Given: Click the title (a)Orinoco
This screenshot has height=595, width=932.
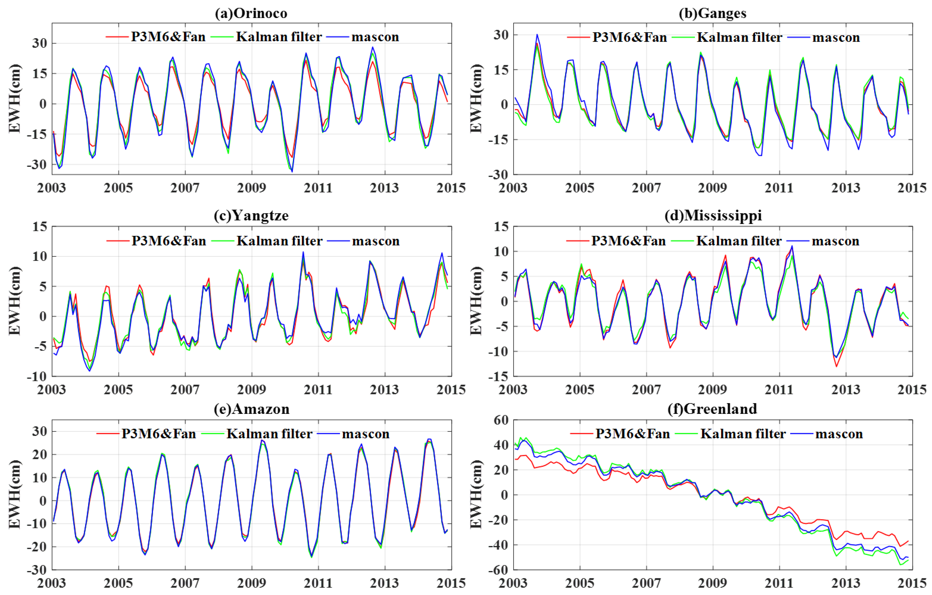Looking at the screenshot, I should pos(251,14).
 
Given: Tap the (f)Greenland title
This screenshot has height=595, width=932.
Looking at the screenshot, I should pos(712,409).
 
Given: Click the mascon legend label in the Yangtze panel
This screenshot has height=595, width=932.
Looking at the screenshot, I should pos(375,241).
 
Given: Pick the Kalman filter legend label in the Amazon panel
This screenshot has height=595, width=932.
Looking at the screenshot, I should pos(269,434).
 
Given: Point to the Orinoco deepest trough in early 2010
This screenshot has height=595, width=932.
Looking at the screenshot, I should pos(292,171).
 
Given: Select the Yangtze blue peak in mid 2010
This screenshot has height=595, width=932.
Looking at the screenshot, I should pos(303,252).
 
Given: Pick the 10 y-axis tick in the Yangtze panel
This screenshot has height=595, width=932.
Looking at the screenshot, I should pos(39,256).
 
